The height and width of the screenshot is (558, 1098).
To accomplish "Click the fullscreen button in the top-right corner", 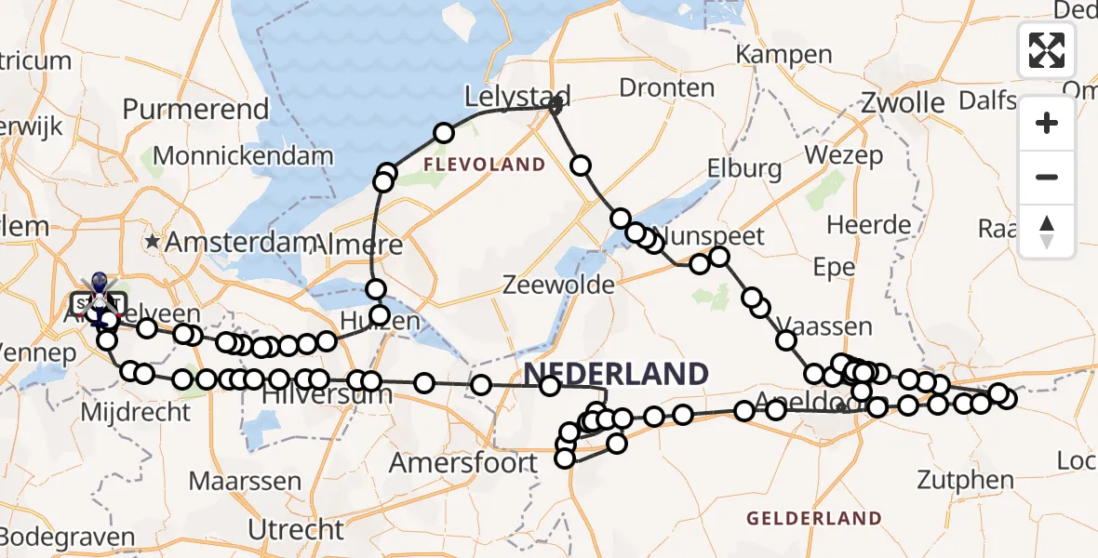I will [1047, 50].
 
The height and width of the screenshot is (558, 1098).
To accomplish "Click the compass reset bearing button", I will [1047, 231].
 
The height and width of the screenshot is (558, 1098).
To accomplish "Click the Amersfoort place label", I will [463, 462].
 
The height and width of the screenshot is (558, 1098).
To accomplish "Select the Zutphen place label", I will [965, 480].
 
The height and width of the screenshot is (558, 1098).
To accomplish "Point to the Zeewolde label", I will [558, 285].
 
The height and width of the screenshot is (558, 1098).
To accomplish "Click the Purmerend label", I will [196, 109].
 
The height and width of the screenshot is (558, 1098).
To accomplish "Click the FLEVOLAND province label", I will [484, 165].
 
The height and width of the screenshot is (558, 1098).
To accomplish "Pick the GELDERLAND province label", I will [813, 518].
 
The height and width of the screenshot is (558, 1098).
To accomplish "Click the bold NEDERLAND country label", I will [616, 374].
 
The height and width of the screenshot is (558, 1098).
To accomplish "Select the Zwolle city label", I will [904, 101].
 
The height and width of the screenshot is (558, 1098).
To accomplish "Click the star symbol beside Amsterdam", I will [153, 241].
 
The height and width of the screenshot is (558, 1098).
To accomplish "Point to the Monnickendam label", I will [243, 155].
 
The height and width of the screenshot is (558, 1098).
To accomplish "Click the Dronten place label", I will [666, 88].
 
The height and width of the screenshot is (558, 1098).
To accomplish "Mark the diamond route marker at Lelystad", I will [556, 106].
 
